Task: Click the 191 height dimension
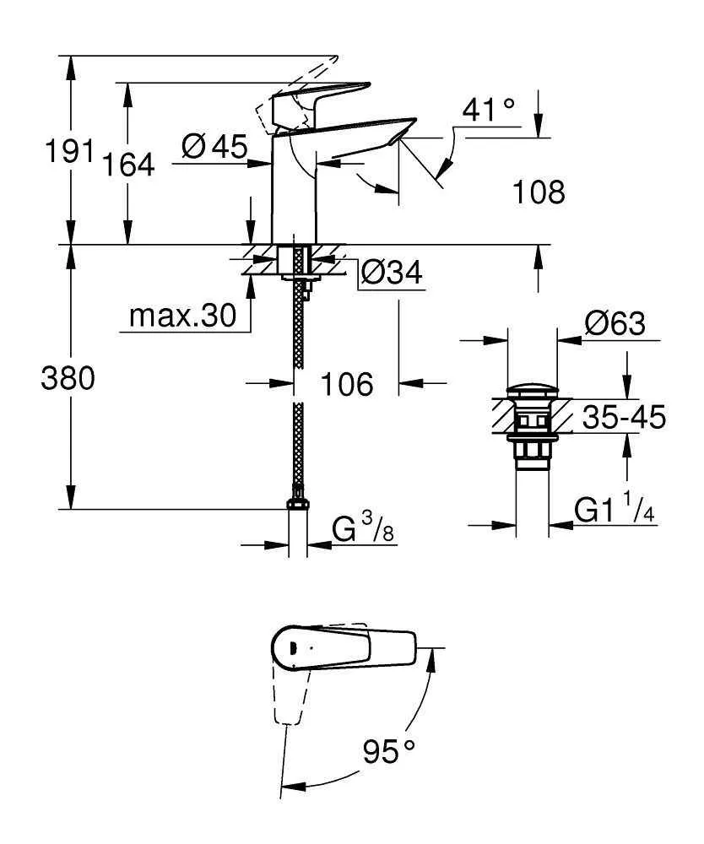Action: (x=70, y=152)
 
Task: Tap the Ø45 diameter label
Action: (x=215, y=148)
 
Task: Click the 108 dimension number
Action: (x=539, y=192)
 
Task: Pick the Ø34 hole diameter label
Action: (x=391, y=273)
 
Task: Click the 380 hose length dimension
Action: (x=68, y=380)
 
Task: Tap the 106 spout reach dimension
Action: (x=346, y=385)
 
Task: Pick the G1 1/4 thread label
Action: (x=615, y=511)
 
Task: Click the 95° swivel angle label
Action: (x=389, y=750)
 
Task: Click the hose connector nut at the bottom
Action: (x=296, y=503)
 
